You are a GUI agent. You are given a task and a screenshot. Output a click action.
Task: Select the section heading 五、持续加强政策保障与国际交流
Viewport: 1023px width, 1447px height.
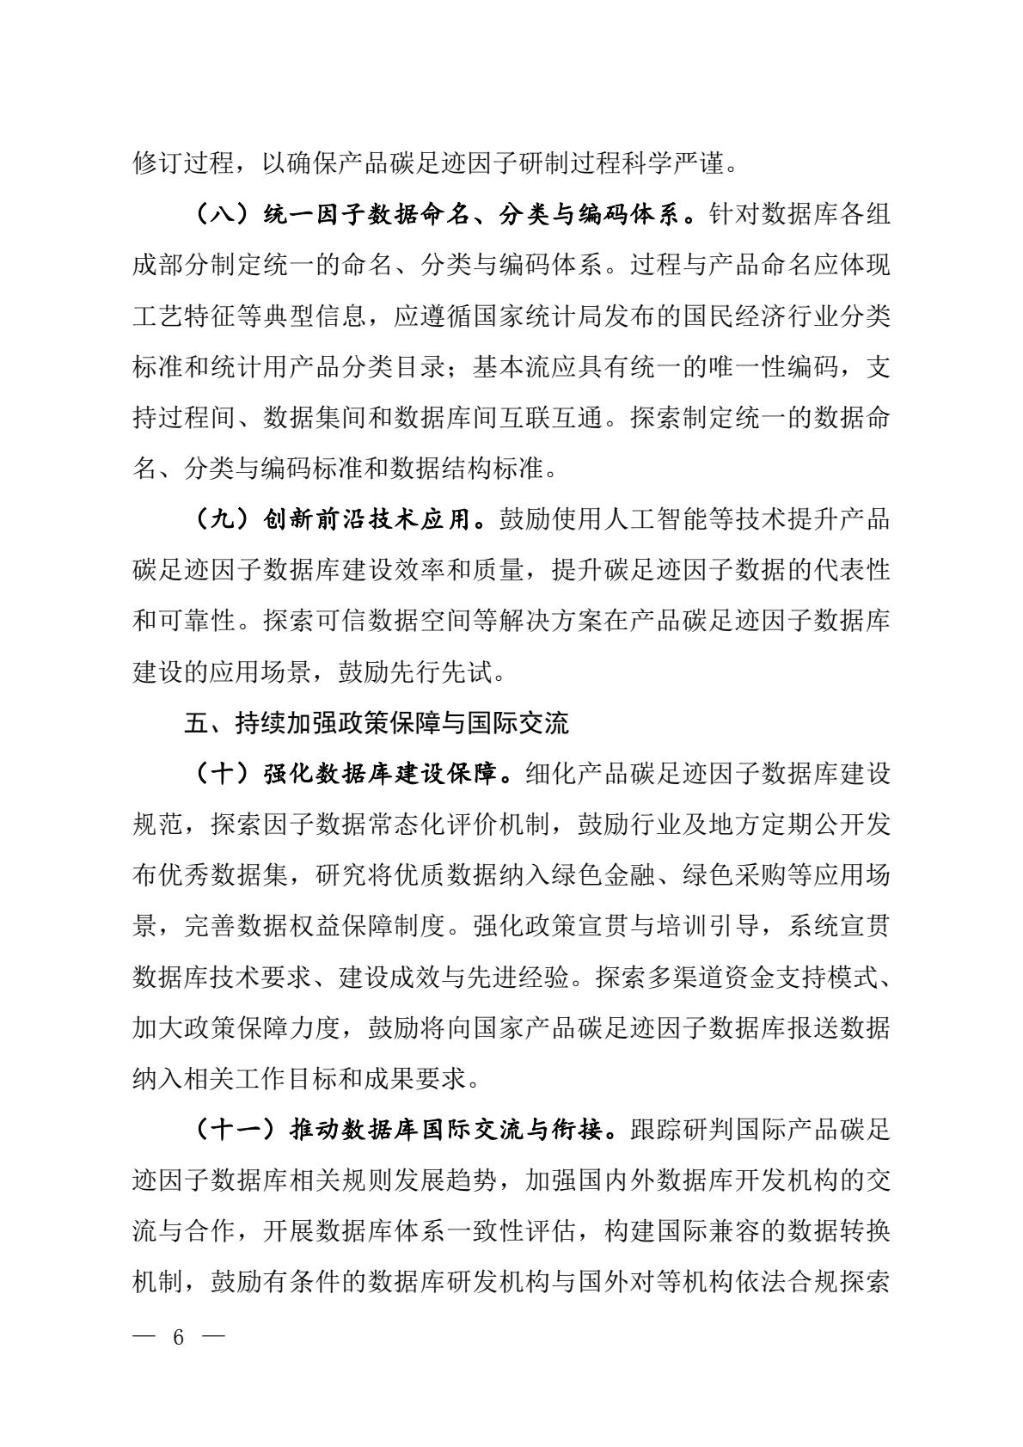coord(376,723)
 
